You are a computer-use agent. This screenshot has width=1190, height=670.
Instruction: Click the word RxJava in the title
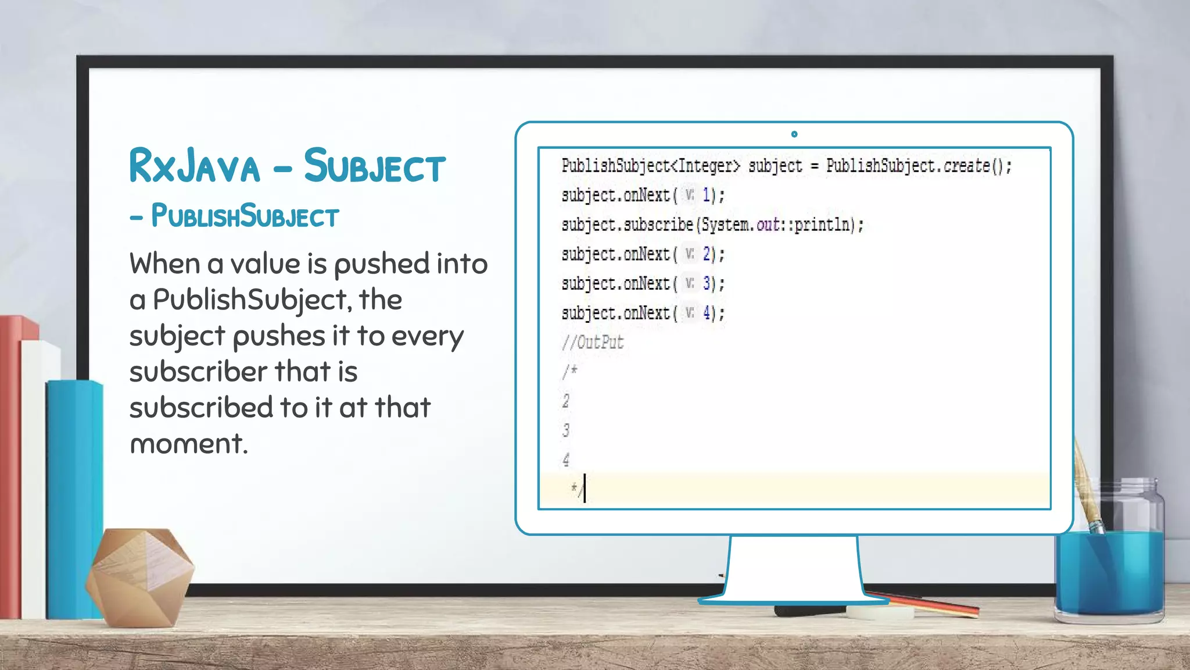(194, 167)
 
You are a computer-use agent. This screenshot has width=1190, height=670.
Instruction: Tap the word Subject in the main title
(374, 167)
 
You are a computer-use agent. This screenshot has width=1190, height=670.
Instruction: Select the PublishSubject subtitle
(244, 216)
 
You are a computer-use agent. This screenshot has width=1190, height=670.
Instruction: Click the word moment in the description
(188, 444)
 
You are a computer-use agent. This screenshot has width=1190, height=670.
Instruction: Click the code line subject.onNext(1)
(643, 195)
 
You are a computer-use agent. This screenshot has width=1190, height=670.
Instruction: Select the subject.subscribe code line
(712, 225)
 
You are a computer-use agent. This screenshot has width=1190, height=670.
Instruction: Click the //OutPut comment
(593, 343)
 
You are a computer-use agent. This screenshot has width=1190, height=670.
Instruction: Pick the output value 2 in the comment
(566, 401)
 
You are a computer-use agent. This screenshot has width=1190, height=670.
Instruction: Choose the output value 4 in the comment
(566, 460)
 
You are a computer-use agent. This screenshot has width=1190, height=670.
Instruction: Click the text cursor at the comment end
(585, 489)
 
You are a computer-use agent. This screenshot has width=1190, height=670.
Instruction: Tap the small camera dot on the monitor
(794, 134)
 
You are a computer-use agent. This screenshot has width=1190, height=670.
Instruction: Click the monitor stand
(793, 570)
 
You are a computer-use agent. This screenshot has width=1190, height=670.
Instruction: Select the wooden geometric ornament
(139, 576)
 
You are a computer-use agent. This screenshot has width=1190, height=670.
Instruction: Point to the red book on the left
(10, 465)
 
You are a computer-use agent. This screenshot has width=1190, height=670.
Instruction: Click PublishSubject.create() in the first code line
(918, 166)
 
